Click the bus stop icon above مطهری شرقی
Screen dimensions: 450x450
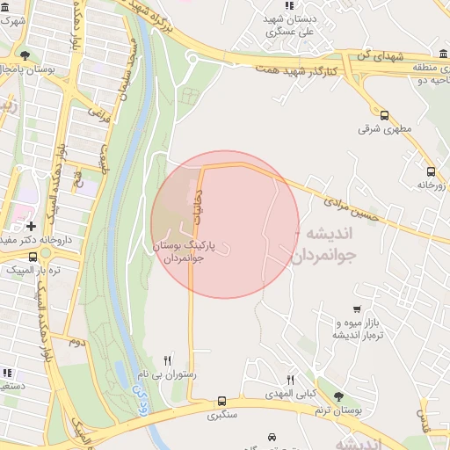[x=384, y=114]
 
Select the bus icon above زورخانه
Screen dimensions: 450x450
[x=431, y=171]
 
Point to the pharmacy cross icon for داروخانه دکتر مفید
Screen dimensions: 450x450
[x=32, y=226]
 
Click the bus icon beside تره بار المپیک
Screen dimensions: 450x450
[x=33, y=256]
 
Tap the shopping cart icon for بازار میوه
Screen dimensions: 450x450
[x=357, y=308]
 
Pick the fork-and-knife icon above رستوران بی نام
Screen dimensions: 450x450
[x=169, y=360]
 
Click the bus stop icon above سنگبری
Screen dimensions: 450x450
[x=221, y=400]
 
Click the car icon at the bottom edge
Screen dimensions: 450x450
[x=271, y=437]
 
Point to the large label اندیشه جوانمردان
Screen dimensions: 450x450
[x=322, y=244]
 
